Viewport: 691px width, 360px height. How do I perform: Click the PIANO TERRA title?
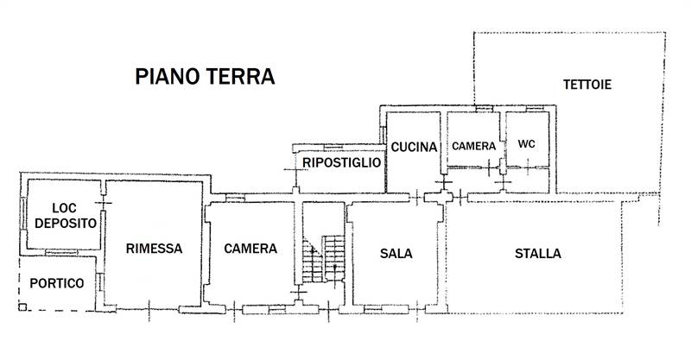coord(205,76)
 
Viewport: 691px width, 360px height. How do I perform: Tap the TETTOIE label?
coord(587,85)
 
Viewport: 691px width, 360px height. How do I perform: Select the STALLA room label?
coord(538,254)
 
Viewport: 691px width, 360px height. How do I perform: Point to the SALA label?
coord(396,254)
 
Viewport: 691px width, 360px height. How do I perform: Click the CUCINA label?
coord(415,148)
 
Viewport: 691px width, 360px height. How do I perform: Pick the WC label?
coord(526,144)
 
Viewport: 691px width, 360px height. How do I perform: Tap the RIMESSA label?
coord(154,249)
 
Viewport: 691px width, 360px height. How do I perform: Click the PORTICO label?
coord(57,283)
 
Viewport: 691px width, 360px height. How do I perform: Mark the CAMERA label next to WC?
coord(473,145)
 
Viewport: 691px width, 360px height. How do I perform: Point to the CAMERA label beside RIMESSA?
coord(250,249)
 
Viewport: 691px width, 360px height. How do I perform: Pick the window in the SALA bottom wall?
coord(376,308)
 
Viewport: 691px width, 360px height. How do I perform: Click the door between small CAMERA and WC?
coord(502,164)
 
